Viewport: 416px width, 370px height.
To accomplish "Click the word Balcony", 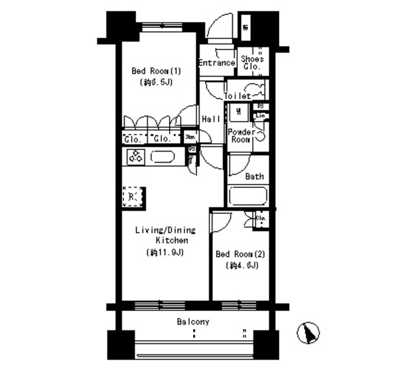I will tap(193, 322).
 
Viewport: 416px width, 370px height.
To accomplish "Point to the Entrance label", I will tap(216, 63).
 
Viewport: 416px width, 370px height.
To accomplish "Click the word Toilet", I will tap(237, 96).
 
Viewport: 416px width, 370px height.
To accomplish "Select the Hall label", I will tap(211, 119).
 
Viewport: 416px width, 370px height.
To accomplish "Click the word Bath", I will tap(254, 176).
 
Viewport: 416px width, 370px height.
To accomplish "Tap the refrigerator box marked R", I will tap(132, 196).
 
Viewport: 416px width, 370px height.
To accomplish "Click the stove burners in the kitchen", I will tap(136, 157).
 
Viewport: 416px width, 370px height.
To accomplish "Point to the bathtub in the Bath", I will tap(248, 196).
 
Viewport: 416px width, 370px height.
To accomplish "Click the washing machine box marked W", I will tap(239, 112).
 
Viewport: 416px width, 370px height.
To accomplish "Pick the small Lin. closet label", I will tap(261, 116).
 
